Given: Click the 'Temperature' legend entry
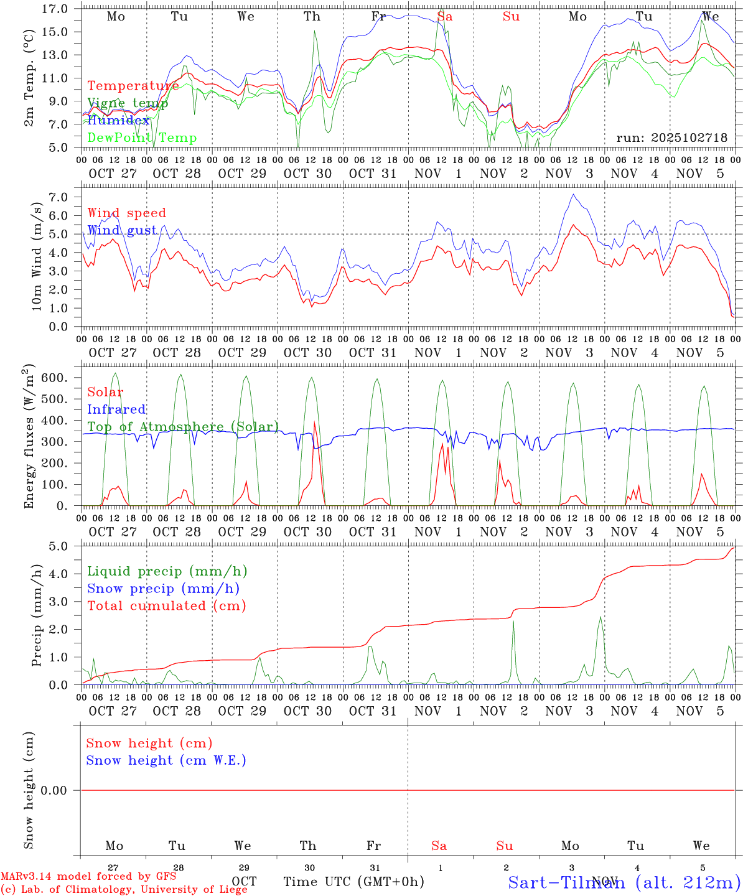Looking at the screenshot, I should [x=133, y=86].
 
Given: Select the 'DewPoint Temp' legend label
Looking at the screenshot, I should [x=142, y=138].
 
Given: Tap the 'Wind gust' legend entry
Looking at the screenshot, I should [x=122, y=230].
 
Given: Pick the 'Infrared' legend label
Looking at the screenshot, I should [x=116, y=409].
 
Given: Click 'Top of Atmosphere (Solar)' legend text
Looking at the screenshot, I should [x=183, y=427].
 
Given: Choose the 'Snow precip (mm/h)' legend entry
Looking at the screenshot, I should [x=163, y=589].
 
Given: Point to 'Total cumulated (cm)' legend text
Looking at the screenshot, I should [x=167, y=606].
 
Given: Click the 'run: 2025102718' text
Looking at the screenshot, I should [x=672, y=138].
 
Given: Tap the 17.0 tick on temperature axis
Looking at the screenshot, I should [x=55, y=9].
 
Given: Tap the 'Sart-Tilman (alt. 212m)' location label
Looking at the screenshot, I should [x=624, y=882].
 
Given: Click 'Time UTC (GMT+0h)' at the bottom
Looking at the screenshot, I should [x=354, y=882].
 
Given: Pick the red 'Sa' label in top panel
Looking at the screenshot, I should [x=445, y=17].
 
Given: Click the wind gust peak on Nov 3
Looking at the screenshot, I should [x=574, y=194].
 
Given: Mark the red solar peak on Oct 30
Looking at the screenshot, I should [x=315, y=422].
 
